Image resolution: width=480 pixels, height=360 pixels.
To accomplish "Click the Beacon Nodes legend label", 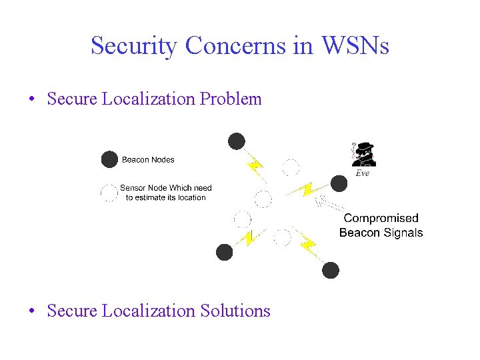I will (148, 160).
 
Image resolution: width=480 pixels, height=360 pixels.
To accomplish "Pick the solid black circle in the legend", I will (109, 160).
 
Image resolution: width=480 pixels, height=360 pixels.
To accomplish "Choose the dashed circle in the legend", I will (109, 193).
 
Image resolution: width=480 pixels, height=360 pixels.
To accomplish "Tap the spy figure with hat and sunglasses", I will (364, 154).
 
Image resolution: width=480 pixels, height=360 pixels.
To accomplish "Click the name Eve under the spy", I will (362, 173).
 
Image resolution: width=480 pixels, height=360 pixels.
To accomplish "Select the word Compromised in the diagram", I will (381, 218).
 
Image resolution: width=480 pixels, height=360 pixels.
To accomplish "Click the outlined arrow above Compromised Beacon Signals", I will (329, 203).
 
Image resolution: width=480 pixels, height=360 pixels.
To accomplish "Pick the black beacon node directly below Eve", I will (339, 183).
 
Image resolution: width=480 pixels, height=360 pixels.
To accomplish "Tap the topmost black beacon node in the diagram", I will (236, 141).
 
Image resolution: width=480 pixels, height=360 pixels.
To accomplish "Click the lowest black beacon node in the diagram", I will (330, 270).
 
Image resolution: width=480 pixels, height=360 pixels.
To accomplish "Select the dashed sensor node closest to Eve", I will (290, 167).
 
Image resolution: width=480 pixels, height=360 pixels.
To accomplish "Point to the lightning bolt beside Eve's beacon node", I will (307, 189).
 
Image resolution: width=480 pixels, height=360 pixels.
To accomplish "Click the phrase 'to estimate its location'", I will (166, 197).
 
